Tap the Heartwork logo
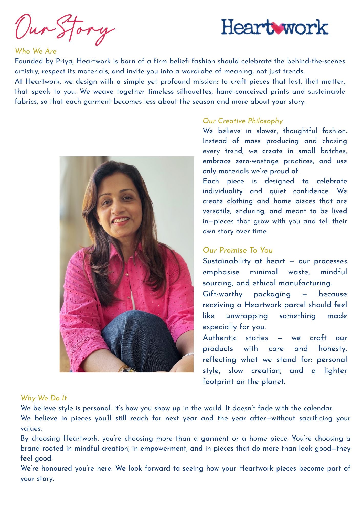274,27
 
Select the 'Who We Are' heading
36,51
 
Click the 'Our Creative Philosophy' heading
243,121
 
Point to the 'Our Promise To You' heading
238,250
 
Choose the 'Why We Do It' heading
44,398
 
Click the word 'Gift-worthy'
222,294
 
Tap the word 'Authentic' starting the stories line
219,338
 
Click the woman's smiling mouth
121,220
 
